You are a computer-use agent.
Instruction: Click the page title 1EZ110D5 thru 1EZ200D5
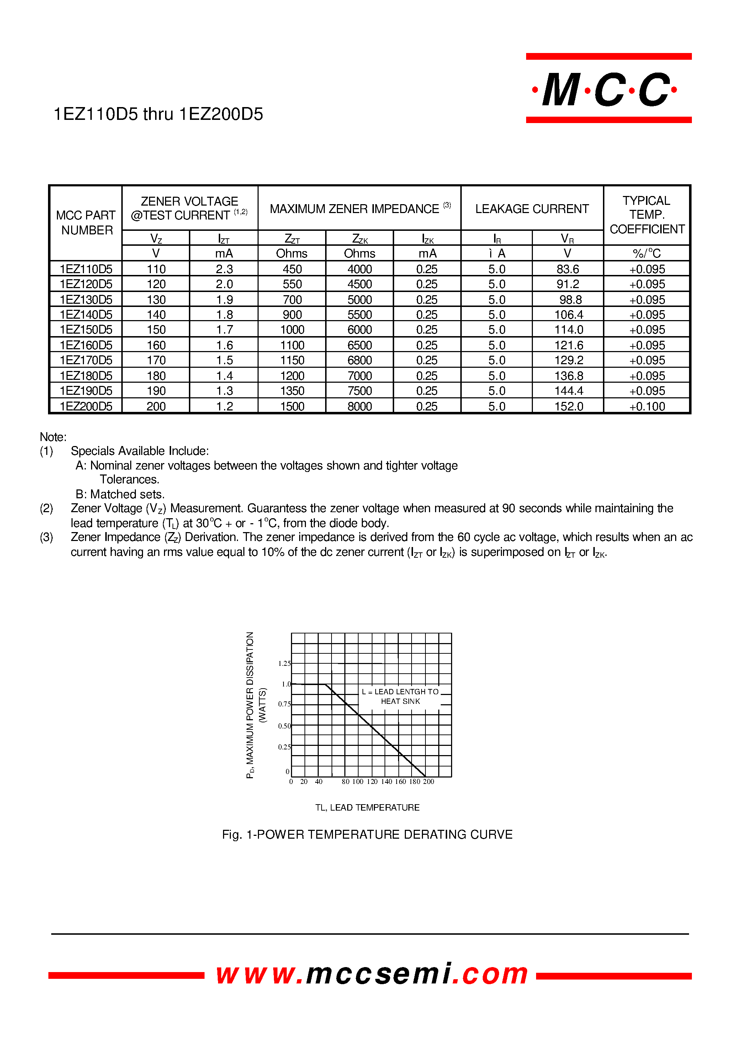coord(158,114)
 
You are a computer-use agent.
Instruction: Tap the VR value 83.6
coord(567,269)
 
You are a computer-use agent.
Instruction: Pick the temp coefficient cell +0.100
coord(647,407)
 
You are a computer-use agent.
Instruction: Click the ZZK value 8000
coord(359,407)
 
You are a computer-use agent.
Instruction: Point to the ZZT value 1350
coord(292,391)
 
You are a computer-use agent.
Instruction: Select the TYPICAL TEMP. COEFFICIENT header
coord(647,215)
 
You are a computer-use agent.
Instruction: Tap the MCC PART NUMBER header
coord(86,223)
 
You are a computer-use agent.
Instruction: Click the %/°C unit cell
coord(647,253)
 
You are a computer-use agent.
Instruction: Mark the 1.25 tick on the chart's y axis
coord(284,663)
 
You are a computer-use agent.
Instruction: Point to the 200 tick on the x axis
coord(428,782)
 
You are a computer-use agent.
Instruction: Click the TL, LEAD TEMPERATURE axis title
coord(367,807)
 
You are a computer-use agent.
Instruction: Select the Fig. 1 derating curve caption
coord(367,835)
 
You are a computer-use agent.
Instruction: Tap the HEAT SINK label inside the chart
coord(400,701)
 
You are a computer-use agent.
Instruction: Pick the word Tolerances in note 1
coord(129,479)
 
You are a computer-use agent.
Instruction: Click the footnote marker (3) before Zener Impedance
coord(46,537)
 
